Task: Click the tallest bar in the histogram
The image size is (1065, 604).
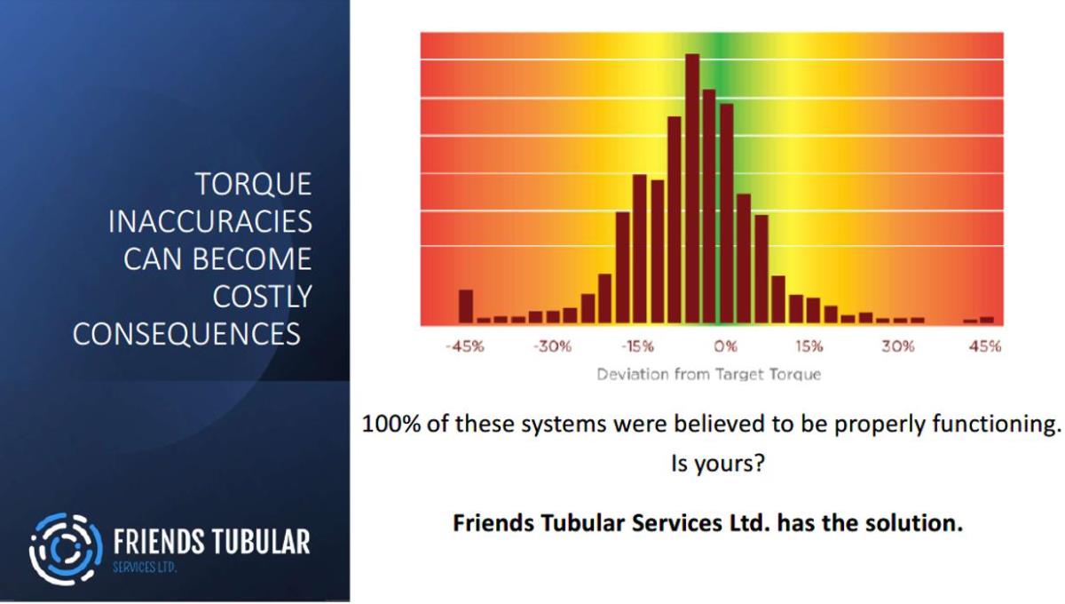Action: (x=692, y=188)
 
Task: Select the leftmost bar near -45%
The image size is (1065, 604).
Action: (x=466, y=306)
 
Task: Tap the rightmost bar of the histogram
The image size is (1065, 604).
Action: (x=987, y=321)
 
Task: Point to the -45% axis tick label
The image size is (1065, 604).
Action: (x=465, y=346)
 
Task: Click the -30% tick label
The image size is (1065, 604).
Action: (x=552, y=346)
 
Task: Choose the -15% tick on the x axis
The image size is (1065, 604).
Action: (x=637, y=346)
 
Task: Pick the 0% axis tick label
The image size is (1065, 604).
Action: (x=726, y=346)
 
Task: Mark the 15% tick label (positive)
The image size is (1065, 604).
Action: (x=809, y=346)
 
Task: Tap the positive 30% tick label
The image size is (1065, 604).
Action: (x=897, y=346)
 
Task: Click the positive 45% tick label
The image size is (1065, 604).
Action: (x=985, y=346)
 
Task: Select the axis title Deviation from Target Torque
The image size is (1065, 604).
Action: (x=709, y=375)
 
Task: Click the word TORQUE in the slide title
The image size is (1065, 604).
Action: (x=254, y=184)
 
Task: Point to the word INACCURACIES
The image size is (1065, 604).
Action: (x=210, y=222)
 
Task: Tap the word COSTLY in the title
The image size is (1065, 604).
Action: (x=263, y=297)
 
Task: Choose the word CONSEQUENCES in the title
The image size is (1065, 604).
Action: (x=186, y=334)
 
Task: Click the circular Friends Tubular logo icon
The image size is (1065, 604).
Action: (x=66, y=549)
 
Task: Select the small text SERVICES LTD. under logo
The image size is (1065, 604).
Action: (x=145, y=568)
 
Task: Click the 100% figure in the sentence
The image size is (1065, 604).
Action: (x=390, y=424)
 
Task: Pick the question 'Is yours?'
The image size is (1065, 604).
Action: (x=718, y=464)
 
